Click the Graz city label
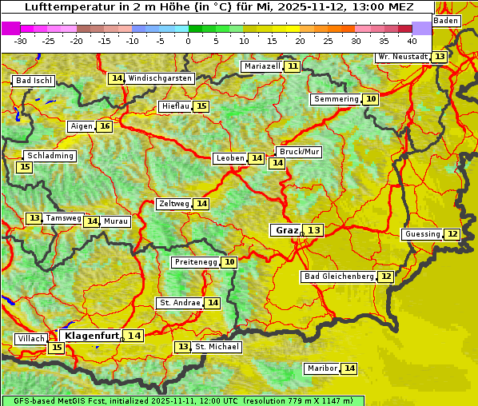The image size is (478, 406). [x=286, y=230]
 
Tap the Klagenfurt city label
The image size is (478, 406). [x=91, y=336]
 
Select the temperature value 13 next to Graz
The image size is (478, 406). [x=314, y=230]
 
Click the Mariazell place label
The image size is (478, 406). [x=262, y=66]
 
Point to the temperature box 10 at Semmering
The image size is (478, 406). [x=370, y=99]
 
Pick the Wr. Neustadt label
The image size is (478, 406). [x=402, y=57]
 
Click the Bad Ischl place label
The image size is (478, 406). [x=34, y=81]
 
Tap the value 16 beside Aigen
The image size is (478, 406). [x=105, y=126]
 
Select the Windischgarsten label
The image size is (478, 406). [x=160, y=78]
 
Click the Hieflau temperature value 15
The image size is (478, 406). [x=201, y=106]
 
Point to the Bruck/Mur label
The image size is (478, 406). [x=299, y=152]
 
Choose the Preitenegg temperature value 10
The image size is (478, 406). [x=230, y=262]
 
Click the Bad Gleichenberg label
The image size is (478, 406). [x=339, y=277]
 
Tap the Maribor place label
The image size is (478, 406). [x=321, y=368]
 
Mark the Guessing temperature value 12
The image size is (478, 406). [x=452, y=234]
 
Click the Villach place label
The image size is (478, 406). [x=31, y=339]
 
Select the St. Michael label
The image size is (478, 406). [x=217, y=347]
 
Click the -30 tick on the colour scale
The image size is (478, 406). [x=21, y=41]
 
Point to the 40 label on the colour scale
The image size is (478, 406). [x=412, y=41]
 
